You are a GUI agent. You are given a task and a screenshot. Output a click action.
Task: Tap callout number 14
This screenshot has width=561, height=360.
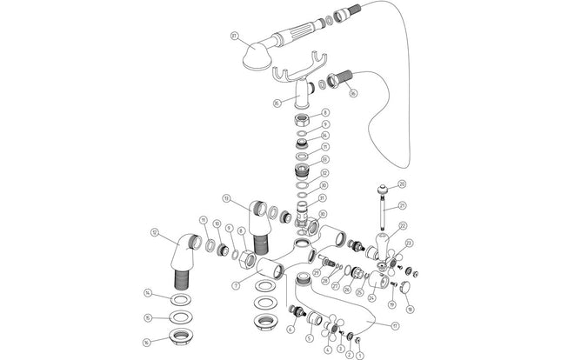[x=149, y=291]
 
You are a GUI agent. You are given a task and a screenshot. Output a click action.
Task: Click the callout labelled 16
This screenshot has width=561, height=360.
[x=149, y=342]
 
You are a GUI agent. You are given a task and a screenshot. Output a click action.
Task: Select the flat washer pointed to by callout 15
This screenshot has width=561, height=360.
[x=181, y=317]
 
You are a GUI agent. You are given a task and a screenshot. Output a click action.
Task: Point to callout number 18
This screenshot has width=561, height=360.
[x=409, y=309]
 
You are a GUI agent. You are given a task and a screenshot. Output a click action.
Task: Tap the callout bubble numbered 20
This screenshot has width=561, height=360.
[x=403, y=183]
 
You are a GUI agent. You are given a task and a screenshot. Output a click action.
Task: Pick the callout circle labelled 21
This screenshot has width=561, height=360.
[x=403, y=205]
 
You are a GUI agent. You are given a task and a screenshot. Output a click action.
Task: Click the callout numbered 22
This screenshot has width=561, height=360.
[x=404, y=226]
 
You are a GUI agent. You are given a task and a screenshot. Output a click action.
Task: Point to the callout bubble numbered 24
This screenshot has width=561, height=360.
[x=372, y=297]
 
